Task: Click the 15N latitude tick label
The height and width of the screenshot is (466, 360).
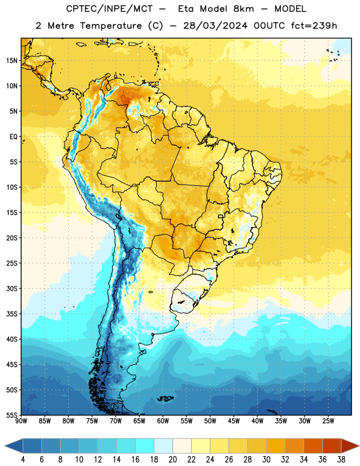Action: click(12, 61)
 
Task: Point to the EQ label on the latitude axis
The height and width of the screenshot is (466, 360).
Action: click(13, 137)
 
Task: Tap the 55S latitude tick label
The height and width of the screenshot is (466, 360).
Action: click(12, 415)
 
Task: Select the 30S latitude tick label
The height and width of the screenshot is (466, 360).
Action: click(12, 288)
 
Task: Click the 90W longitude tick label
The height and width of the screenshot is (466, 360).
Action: click(21, 421)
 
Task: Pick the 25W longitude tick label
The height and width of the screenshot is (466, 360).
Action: click(328, 421)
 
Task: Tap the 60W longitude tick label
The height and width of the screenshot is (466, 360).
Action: click(163, 421)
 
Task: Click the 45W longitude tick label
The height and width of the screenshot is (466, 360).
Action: click(234, 421)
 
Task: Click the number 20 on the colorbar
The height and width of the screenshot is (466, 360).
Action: click(172, 460)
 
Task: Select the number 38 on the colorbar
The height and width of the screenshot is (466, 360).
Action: click(341, 460)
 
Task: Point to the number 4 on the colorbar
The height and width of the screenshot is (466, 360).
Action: click(23, 460)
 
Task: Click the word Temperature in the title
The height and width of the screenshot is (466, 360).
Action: click(111, 26)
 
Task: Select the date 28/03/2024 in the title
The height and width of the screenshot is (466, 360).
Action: click(215, 26)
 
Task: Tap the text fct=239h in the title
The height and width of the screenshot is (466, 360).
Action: click(314, 26)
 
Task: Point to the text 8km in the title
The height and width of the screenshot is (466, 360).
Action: click(243, 9)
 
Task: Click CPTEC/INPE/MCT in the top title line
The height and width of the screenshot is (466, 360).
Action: click(109, 9)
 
